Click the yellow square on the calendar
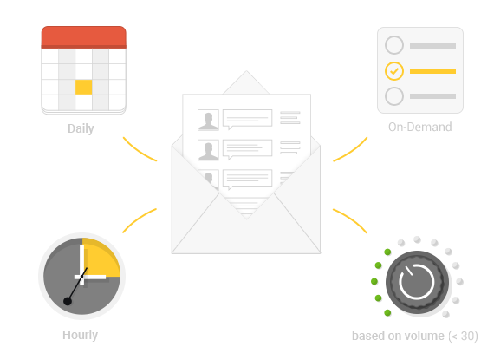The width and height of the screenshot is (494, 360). point(83,87)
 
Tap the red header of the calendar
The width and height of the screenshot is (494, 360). point(83,37)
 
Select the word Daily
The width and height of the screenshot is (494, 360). point(81,128)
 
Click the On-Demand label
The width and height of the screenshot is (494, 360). point(420,127)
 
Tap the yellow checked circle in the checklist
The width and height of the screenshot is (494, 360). point(394,71)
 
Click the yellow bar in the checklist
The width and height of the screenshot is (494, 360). point(432,71)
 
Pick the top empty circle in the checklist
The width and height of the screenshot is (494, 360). point(394,45)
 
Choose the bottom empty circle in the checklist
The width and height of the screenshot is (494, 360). point(394,96)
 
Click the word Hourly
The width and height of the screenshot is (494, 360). point(80,335)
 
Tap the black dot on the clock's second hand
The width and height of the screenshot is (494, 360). point(68,302)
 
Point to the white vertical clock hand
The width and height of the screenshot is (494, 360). point(82,265)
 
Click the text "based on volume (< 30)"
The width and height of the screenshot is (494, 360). point(415,336)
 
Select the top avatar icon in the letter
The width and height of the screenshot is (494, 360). point(208,120)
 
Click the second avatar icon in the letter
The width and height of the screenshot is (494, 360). point(208,150)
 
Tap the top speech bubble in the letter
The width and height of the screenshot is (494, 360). point(247,120)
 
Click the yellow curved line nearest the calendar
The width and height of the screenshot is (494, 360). point(140,150)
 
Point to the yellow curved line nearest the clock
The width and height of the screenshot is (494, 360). point(140,219)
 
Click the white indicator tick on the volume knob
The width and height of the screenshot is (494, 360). point(408,272)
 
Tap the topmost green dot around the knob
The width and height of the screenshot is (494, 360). point(387,252)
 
